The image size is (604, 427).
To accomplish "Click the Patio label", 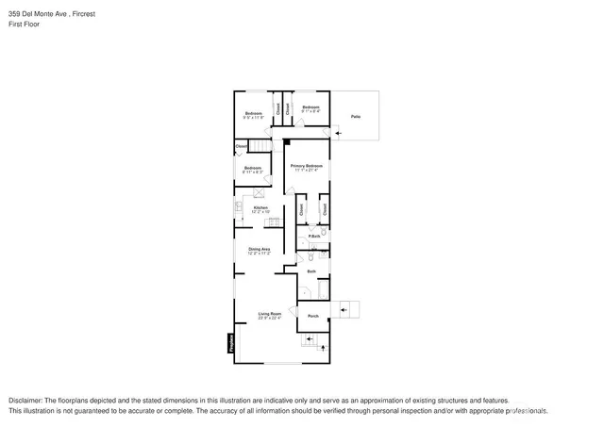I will (356, 116).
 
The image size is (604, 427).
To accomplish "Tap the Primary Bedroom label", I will (308, 166).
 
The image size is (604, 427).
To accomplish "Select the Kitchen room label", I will (260, 207).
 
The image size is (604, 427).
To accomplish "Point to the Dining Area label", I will (260, 249).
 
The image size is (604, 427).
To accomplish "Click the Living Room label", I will (271, 314).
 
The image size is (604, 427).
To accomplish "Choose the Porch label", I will (313, 316).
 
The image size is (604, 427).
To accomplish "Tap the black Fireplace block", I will (231, 346).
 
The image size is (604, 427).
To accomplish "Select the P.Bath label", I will (314, 236).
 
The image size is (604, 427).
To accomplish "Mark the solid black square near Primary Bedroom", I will (286, 141).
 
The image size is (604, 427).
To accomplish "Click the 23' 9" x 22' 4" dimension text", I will (271, 319).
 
